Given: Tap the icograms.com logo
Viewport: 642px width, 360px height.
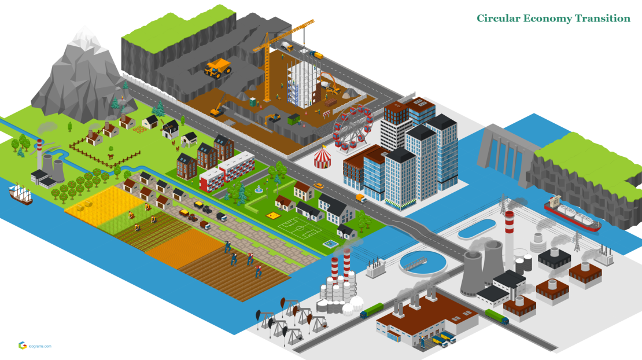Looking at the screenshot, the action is [35, 346].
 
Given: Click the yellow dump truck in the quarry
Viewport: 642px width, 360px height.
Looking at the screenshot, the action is [217, 68].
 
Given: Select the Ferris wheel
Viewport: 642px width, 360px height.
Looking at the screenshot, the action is [353, 127].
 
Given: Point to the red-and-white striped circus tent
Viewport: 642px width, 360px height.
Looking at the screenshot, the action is [323, 157].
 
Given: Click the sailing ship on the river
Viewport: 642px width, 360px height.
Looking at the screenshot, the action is [20, 194].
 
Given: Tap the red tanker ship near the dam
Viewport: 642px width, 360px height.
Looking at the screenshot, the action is [572, 214].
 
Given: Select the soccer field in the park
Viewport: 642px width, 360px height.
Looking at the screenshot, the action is [299, 228].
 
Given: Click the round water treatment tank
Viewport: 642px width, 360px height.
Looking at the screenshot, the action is [423, 262].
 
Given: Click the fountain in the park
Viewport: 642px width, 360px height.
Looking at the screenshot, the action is [259, 189].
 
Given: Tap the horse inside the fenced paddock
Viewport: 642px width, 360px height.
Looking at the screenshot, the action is [110, 156].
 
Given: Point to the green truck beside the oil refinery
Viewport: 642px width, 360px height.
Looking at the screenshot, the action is [372, 310].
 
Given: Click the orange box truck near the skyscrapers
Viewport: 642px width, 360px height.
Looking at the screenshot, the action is [361, 199].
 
